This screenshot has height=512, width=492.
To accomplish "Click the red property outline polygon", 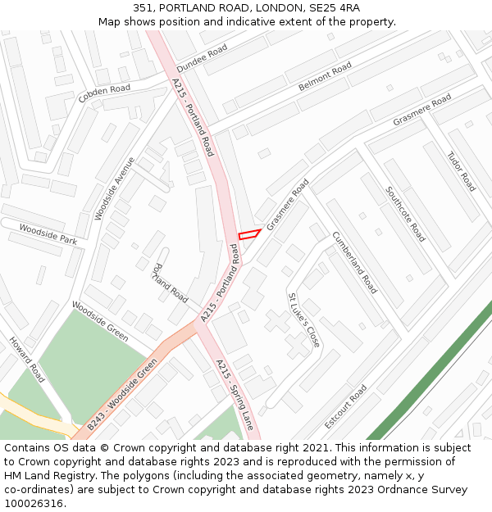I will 249,234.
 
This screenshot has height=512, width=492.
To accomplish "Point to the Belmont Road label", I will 325,76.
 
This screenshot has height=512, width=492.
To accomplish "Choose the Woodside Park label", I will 48,235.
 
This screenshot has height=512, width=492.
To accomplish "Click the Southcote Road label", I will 406,214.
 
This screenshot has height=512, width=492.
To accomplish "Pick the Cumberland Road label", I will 354,262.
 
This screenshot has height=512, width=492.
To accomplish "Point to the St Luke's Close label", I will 303,319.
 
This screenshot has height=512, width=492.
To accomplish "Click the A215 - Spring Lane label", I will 235,395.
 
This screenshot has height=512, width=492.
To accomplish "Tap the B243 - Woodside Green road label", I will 121,395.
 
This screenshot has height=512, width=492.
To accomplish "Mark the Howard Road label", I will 27,359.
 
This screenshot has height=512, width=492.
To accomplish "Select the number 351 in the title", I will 143,7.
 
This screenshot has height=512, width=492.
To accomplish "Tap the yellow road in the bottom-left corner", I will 33,413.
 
